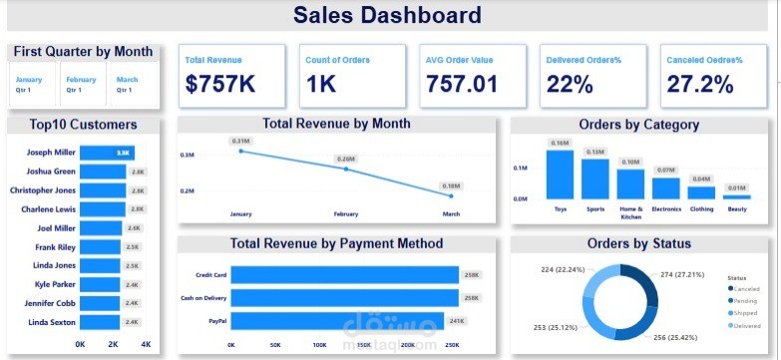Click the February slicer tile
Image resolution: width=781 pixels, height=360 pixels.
coord(82,84)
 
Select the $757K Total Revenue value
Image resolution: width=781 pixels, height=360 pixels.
coord(219,84)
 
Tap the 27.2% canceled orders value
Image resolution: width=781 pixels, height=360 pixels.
coord(699,84)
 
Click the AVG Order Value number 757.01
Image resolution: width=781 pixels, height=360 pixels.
coord(462,84)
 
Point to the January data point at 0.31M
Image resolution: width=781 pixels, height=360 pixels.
coord(240,151)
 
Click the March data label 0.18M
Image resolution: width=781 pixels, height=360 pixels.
coord(450,185)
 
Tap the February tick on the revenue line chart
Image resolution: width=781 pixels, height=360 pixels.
coord(346,214)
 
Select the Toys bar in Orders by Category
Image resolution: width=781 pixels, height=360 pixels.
coord(560,175)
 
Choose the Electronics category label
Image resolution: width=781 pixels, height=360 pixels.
coord(666,209)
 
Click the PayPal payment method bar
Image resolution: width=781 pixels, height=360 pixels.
coord(343,322)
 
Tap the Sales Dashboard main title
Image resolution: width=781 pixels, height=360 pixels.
coord(388,16)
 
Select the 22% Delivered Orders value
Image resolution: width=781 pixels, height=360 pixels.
coord(570,84)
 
